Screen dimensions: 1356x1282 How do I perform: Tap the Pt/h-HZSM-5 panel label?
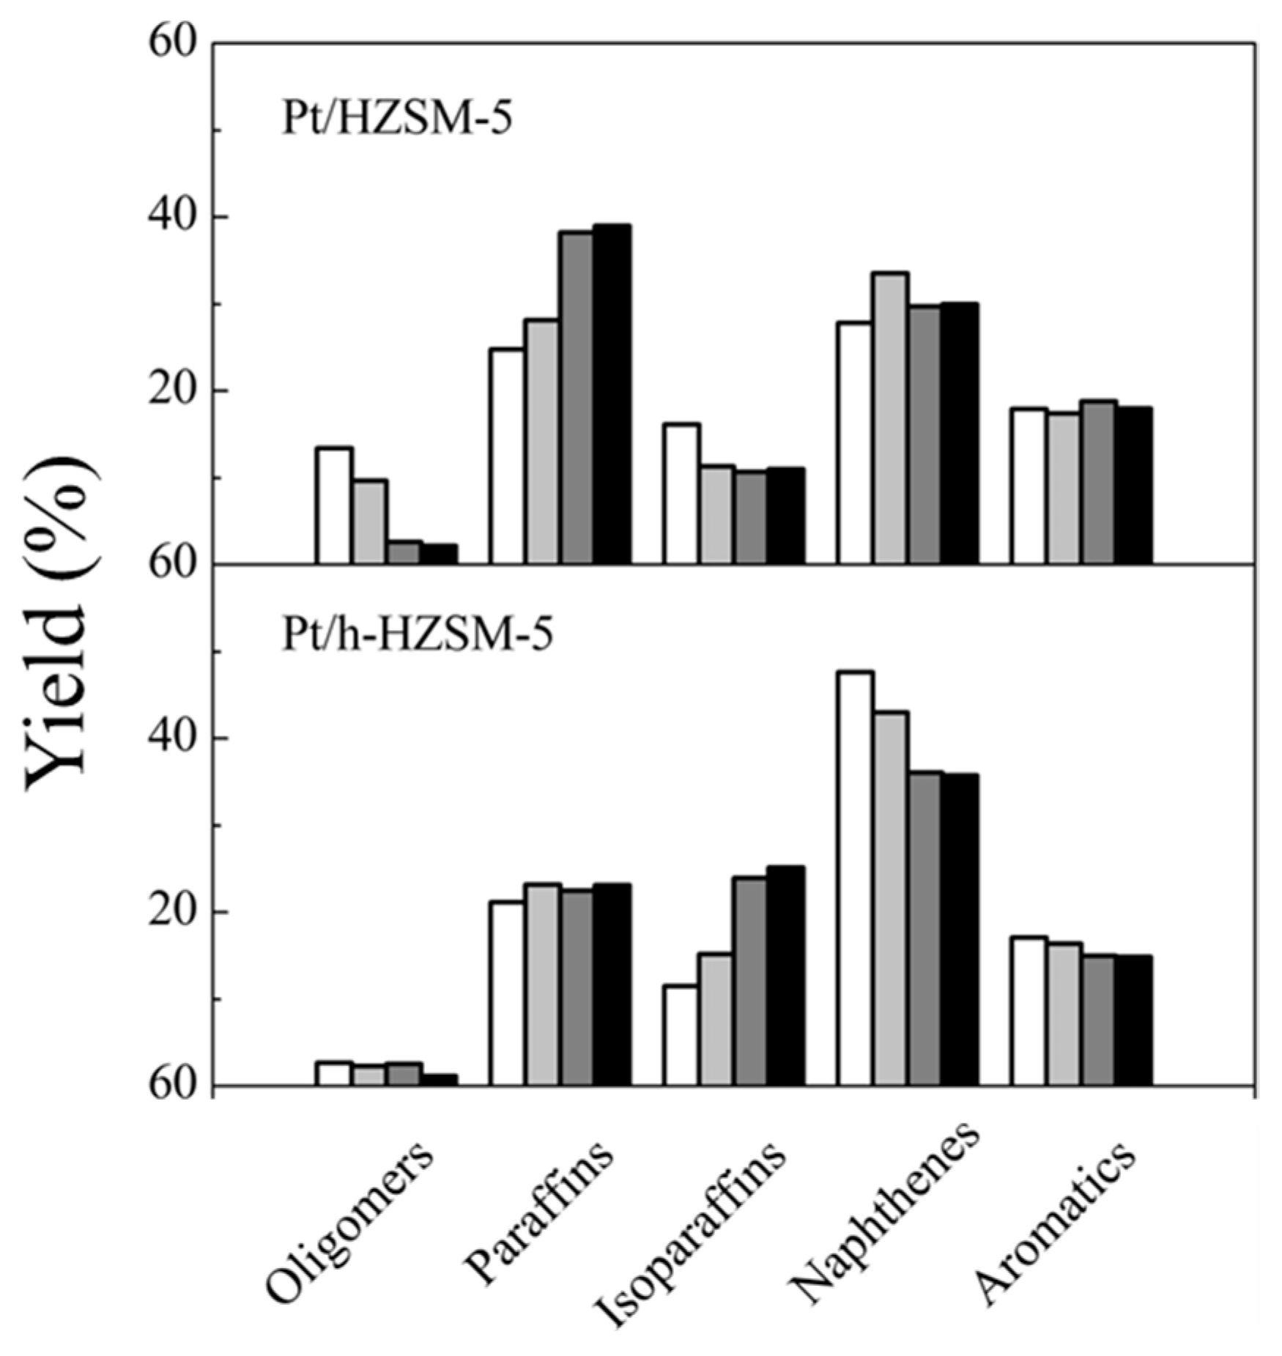click(417, 635)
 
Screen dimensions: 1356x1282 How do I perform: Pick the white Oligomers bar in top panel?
click(334, 505)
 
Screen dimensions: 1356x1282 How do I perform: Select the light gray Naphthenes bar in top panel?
click(890, 418)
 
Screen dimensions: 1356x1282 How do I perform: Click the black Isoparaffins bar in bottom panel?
click(785, 976)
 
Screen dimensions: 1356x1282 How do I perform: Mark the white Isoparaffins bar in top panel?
click(681, 494)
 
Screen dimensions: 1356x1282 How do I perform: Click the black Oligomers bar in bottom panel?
click(439, 1080)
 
